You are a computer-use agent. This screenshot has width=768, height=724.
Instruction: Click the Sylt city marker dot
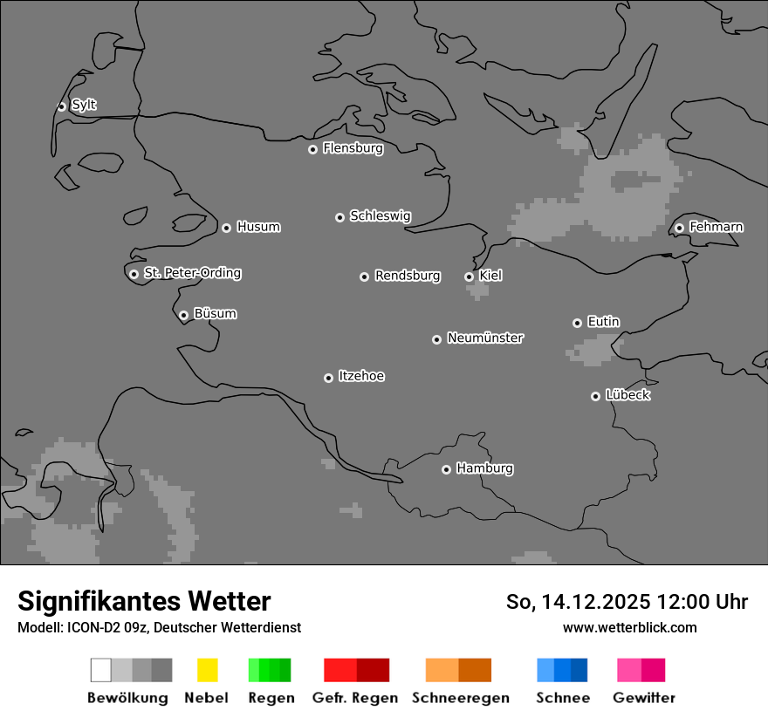coord(61,106)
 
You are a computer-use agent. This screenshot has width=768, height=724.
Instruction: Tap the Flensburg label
coord(353,148)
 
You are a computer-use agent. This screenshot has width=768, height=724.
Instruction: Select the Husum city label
coord(258,227)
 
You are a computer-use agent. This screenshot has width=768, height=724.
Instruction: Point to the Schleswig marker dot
coord(339,217)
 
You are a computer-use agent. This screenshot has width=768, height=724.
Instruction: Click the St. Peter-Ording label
coord(192,273)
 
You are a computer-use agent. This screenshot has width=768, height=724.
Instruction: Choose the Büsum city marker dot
coord(183,316)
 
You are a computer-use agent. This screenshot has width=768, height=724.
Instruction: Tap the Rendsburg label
coord(408,276)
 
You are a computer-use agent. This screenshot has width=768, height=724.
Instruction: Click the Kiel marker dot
coord(469,277)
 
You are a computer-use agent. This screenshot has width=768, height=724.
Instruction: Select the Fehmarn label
coord(716,227)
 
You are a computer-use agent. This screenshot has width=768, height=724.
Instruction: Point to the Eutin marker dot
coord(577,323)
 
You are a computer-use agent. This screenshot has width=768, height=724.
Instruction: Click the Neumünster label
coord(485,338)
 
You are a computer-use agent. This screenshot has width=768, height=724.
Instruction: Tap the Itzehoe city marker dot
coord(328,378)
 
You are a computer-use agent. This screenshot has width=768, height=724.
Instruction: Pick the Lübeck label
coord(627,395)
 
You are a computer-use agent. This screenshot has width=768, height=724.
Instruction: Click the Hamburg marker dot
coord(446,469)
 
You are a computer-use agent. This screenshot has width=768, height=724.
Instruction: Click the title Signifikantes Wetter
coord(144,601)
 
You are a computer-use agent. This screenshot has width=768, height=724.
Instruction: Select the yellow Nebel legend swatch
coord(208,670)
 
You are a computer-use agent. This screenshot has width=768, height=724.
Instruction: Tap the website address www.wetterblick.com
coord(629,627)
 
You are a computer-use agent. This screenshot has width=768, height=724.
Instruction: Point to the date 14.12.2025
coord(596,602)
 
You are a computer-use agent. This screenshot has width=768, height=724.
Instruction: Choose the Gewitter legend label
coord(644,698)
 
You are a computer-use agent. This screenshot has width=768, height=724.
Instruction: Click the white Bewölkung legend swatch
coord(100,670)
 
